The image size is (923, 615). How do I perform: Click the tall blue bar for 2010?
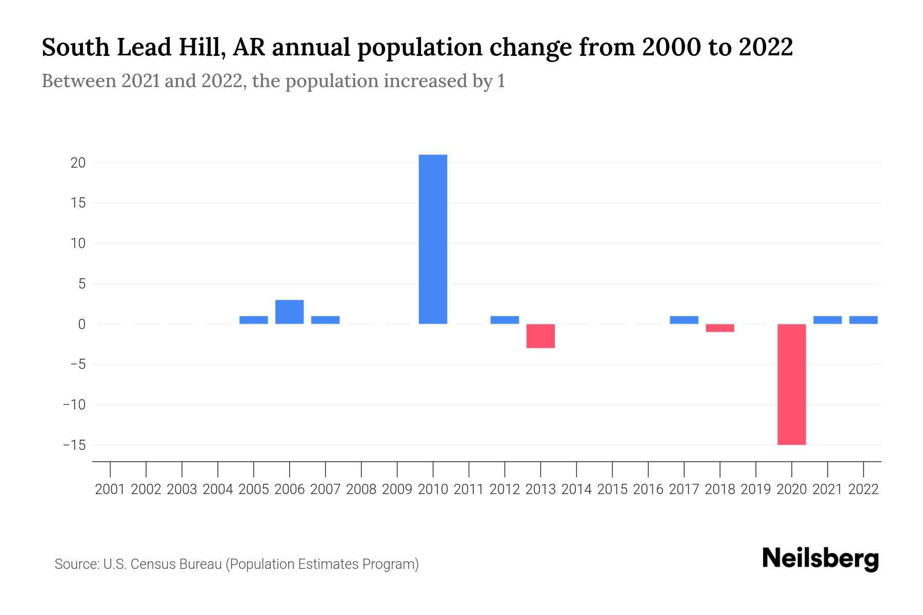point(433,239)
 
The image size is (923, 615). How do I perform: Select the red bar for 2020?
point(791,384)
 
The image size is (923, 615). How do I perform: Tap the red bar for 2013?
point(540,336)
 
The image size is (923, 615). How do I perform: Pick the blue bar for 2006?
point(289,312)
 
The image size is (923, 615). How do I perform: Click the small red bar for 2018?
point(720,328)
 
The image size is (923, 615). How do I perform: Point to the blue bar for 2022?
point(863,320)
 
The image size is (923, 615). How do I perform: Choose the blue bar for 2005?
point(253,320)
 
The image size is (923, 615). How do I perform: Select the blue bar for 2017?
point(684,320)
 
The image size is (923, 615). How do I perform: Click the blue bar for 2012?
point(505,320)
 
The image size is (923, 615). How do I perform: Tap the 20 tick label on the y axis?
point(78,163)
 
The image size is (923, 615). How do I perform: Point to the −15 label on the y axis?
point(74,445)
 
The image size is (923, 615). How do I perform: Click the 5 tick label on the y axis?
point(82,284)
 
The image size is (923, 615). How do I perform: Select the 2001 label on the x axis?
point(110,489)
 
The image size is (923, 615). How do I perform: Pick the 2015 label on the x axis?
point(612,489)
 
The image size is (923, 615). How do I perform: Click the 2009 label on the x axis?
point(397,489)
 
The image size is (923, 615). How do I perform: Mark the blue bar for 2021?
point(827,320)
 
